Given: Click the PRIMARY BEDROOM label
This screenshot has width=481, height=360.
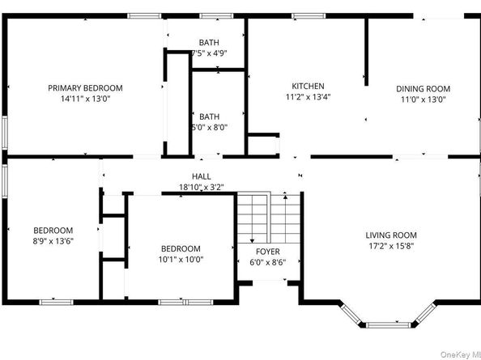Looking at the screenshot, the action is coord(85,88).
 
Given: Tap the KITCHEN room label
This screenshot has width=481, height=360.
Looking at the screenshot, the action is coord(308,86).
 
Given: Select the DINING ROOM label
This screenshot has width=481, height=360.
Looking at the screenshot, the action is coord(424,89).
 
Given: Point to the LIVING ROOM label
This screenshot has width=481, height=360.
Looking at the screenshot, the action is coord(391,235).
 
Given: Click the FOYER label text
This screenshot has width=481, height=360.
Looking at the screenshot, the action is coord(268,252).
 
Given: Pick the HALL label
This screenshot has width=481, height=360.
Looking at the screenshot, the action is coord(202,176).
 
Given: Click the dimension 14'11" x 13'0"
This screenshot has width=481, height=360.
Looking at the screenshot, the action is coord(85,99).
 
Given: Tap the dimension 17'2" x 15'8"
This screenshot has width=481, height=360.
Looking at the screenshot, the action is coord(391,246).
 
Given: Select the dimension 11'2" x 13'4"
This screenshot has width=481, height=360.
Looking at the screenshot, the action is coord(308,97).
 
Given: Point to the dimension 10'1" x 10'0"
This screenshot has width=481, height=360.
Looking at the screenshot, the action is coord(181,260).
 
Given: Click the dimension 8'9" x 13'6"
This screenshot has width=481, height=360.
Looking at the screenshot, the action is coord(53,241).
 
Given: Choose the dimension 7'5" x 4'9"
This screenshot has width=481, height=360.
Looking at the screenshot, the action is coord(209,53).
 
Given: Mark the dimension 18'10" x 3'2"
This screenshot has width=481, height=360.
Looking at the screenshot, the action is coord(202,187).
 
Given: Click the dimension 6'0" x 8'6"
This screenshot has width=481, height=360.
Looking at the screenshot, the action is coord(268,263).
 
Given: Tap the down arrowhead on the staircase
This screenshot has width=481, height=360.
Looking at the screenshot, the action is coord(252,240).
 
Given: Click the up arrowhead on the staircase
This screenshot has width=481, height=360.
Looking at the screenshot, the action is coord(285,197).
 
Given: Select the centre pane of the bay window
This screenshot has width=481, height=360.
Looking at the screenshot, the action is coord(388,324).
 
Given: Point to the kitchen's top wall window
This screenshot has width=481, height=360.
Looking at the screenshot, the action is coord(309,16).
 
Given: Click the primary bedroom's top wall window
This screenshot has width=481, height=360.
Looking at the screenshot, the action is coord(144,16).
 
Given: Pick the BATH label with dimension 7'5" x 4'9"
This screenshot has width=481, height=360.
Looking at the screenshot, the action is coord(209,42).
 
